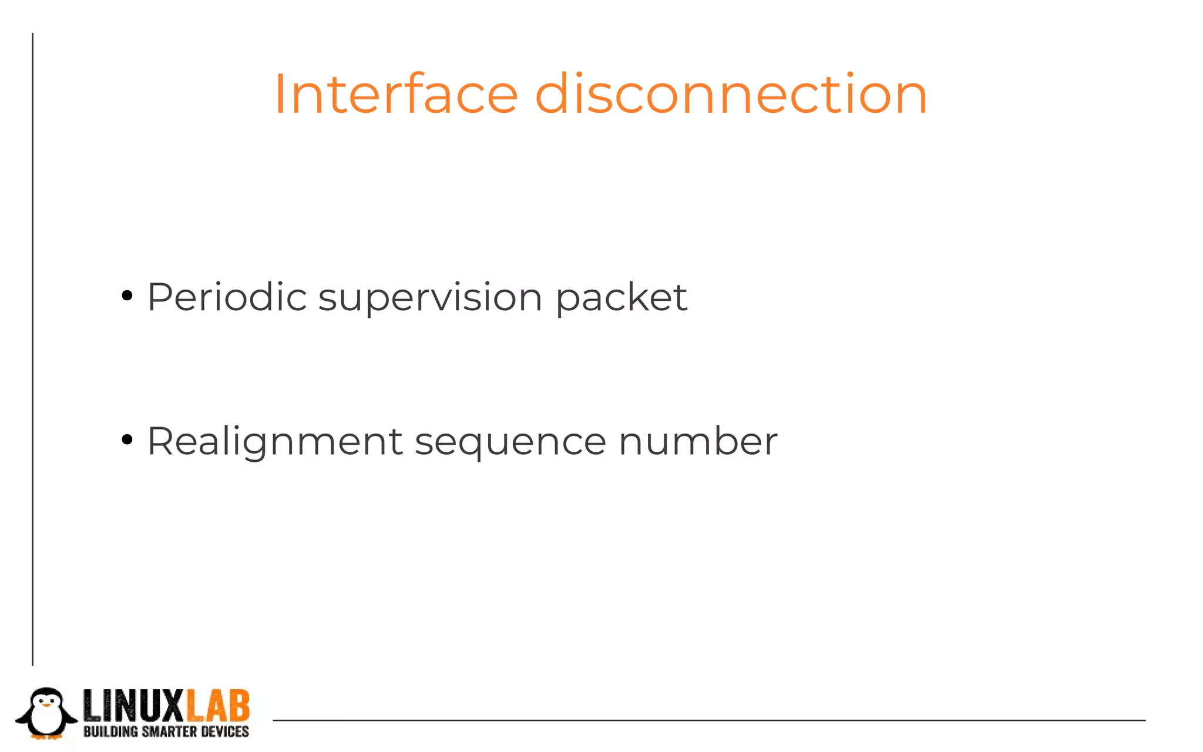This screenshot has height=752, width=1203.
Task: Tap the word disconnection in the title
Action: [x=731, y=94]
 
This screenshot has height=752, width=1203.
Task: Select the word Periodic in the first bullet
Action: [x=227, y=297]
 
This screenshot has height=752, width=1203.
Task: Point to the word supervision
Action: [x=431, y=298]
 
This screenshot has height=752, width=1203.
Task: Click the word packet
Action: [x=621, y=298]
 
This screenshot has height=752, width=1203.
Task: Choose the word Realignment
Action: [x=275, y=442]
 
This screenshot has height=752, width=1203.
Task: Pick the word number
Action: [x=698, y=441]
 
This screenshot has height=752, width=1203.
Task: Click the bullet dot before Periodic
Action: [x=127, y=296]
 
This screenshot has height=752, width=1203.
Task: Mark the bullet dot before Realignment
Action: [x=127, y=439]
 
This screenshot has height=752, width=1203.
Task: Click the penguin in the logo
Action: [x=46, y=713]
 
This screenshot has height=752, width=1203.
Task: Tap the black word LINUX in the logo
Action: [x=135, y=706]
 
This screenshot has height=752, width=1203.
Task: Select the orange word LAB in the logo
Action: [x=218, y=706]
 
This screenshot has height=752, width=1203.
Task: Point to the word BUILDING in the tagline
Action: [x=110, y=731]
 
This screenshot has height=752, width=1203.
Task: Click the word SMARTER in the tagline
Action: [x=169, y=731]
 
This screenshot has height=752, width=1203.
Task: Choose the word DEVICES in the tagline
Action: [x=225, y=731]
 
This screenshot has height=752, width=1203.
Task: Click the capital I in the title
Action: [x=280, y=94]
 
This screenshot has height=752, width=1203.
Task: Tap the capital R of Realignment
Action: [x=160, y=441]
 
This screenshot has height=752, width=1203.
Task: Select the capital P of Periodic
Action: [x=159, y=297]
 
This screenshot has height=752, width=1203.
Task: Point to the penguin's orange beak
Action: [x=46, y=703]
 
